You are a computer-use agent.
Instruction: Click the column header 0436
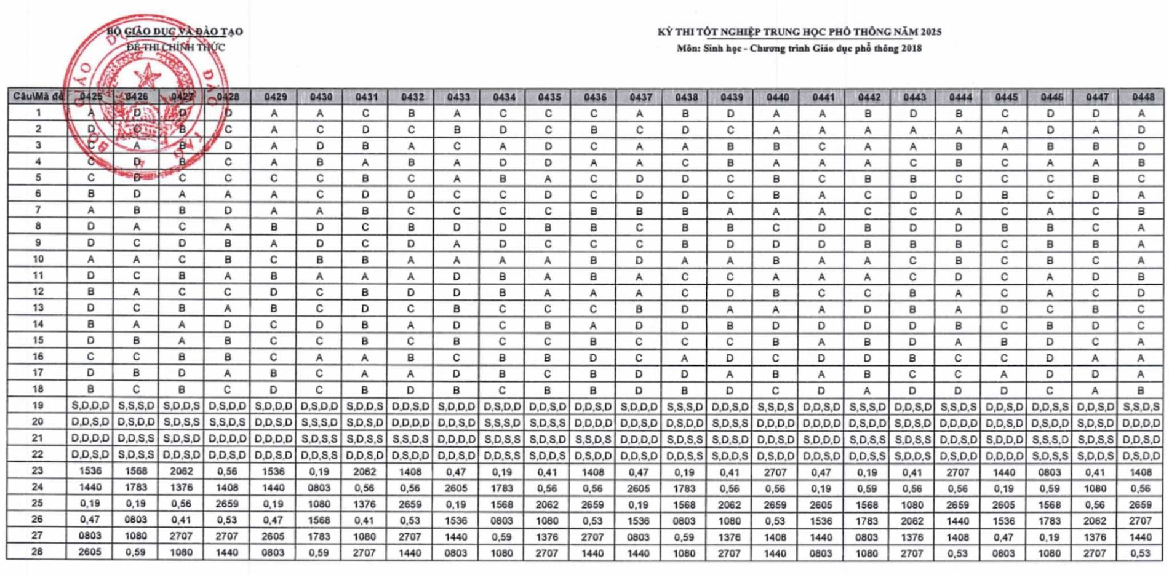[594, 97]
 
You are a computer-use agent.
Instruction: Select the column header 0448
[1143, 97]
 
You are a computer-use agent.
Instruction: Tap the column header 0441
[823, 97]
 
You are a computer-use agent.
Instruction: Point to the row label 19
[38, 405]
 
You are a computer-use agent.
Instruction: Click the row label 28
[38, 552]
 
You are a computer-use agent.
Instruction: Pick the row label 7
[38, 210]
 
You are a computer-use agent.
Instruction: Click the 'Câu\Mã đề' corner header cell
[38, 97]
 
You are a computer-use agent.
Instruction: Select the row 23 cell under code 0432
[410, 472]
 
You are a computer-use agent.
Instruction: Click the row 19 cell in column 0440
[775, 406]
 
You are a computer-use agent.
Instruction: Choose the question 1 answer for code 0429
[274, 113]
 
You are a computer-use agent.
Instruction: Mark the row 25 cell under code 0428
[227, 504]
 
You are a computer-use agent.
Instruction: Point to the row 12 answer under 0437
[639, 293]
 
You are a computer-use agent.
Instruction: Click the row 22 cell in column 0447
[1095, 456]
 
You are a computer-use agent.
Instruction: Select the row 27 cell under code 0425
[90, 536]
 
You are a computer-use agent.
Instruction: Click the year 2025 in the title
[930, 32]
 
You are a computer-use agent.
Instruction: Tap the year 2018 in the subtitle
[911, 49]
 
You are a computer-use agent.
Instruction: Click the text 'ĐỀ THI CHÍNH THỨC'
[176, 47]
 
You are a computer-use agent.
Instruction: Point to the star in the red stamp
[148, 78]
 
